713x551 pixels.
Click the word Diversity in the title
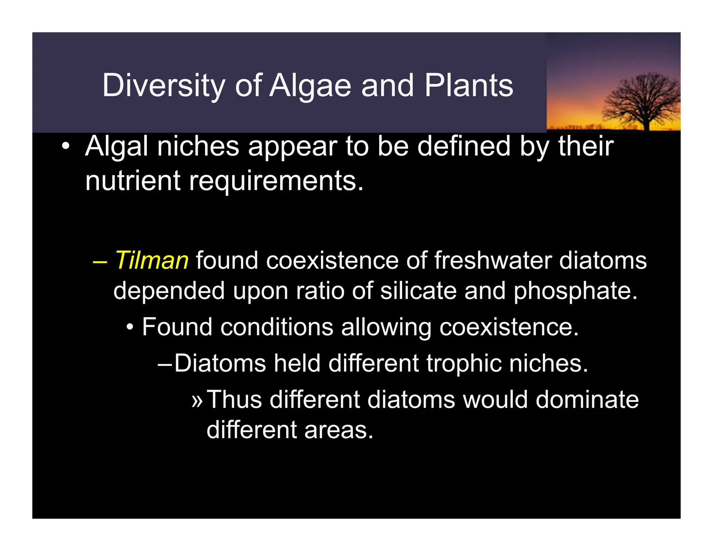pyautogui.click(x=164, y=86)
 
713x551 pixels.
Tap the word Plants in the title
pyautogui.click(x=469, y=86)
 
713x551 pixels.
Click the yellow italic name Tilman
pyautogui.click(x=152, y=261)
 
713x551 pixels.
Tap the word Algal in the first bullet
pyautogui.click(x=117, y=147)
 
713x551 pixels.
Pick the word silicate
pyautogui.click(x=418, y=291)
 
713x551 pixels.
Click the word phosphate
pyautogui.click(x=575, y=291)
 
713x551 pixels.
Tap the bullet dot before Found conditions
pyautogui.click(x=130, y=328)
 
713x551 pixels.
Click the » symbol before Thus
pyautogui.click(x=197, y=400)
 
